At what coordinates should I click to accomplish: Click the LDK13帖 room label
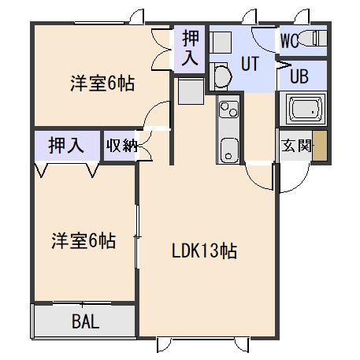pyautogui.click(x=204, y=251)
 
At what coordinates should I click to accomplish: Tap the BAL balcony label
pyautogui.click(x=86, y=321)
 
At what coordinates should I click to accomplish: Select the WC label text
pyautogui.click(x=289, y=40)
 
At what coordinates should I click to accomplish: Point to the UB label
pyautogui.click(x=299, y=76)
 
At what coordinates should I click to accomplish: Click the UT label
pyautogui.click(x=250, y=64)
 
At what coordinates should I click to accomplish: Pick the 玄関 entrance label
pyautogui.click(x=296, y=146)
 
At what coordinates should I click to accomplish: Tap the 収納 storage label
pyautogui.click(x=121, y=145)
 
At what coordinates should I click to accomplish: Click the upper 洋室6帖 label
pyautogui.click(x=102, y=84)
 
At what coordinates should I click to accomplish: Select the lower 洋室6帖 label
pyautogui.click(x=84, y=240)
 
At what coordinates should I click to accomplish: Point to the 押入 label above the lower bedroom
pyautogui.click(x=66, y=145)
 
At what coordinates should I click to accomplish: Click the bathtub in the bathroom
pyautogui.click(x=305, y=108)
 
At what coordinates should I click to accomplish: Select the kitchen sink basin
pyautogui.click(x=228, y=150)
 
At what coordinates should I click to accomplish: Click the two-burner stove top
pyautogui.click(x=228, y=109)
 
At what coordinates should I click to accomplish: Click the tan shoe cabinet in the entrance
pyautogui.click(x=320, y=146)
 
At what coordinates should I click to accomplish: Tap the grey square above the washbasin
pyautogui.click(x=221, y=43)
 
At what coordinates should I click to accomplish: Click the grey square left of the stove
pyautogui.click(x=191, y=91)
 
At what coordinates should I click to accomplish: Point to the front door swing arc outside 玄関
pyautogui.click(x=300, y=184)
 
